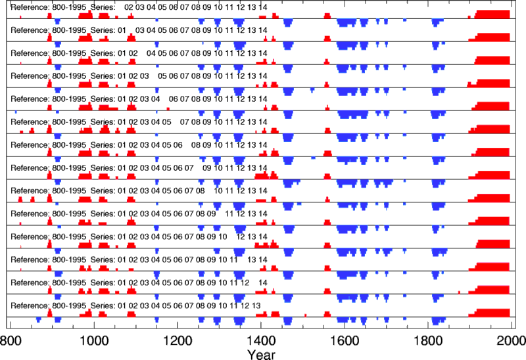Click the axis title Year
click(x=261, y=353)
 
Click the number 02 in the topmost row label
click(x=129, y=7)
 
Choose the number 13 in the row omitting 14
click(x=256, y=305)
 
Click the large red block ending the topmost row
click(x=492, y=15)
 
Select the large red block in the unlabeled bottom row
click(x=492, y=314)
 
